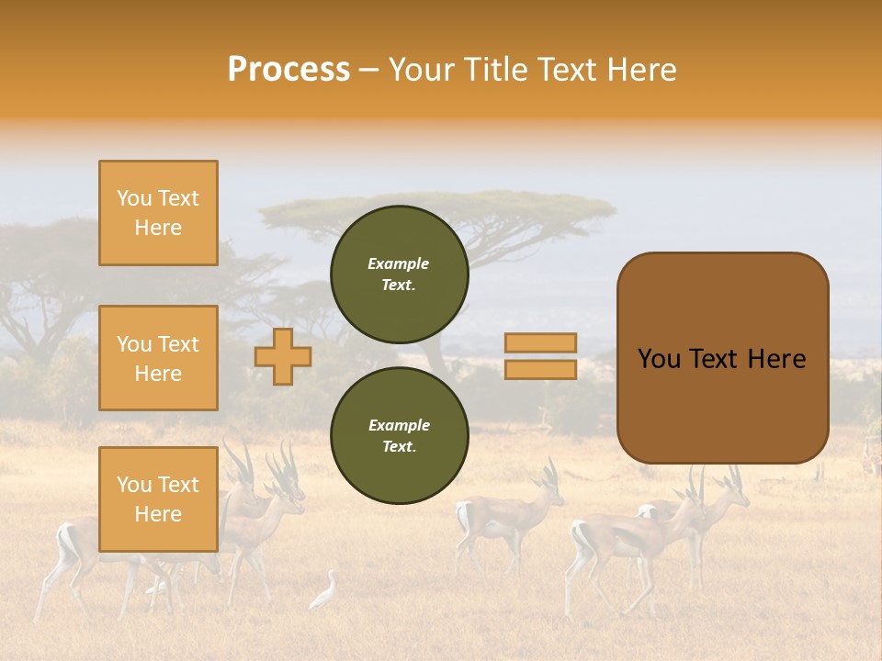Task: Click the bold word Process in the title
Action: tap(288, 70)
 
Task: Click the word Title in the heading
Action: tap(493, 70)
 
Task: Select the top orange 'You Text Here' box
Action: tap(158, 213)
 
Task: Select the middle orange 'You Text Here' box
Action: tap(158, 358)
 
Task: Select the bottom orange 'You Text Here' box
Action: tap(158, 499)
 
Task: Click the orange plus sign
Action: tap(283, 356)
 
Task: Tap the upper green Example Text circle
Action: tap(400, 274)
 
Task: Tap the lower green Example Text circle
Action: tap(400, 436)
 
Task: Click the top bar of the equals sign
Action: tap(540, 342)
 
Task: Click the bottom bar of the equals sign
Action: tap(540, 369)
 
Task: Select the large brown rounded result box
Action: tap(722, 404)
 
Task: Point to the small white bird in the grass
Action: tap(324, 592)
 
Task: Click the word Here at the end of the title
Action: tap(643, 70)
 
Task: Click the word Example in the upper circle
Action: tap(399, 263)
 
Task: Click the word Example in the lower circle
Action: tap(399, 425)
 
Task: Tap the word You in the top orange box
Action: tap(134, 198)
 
